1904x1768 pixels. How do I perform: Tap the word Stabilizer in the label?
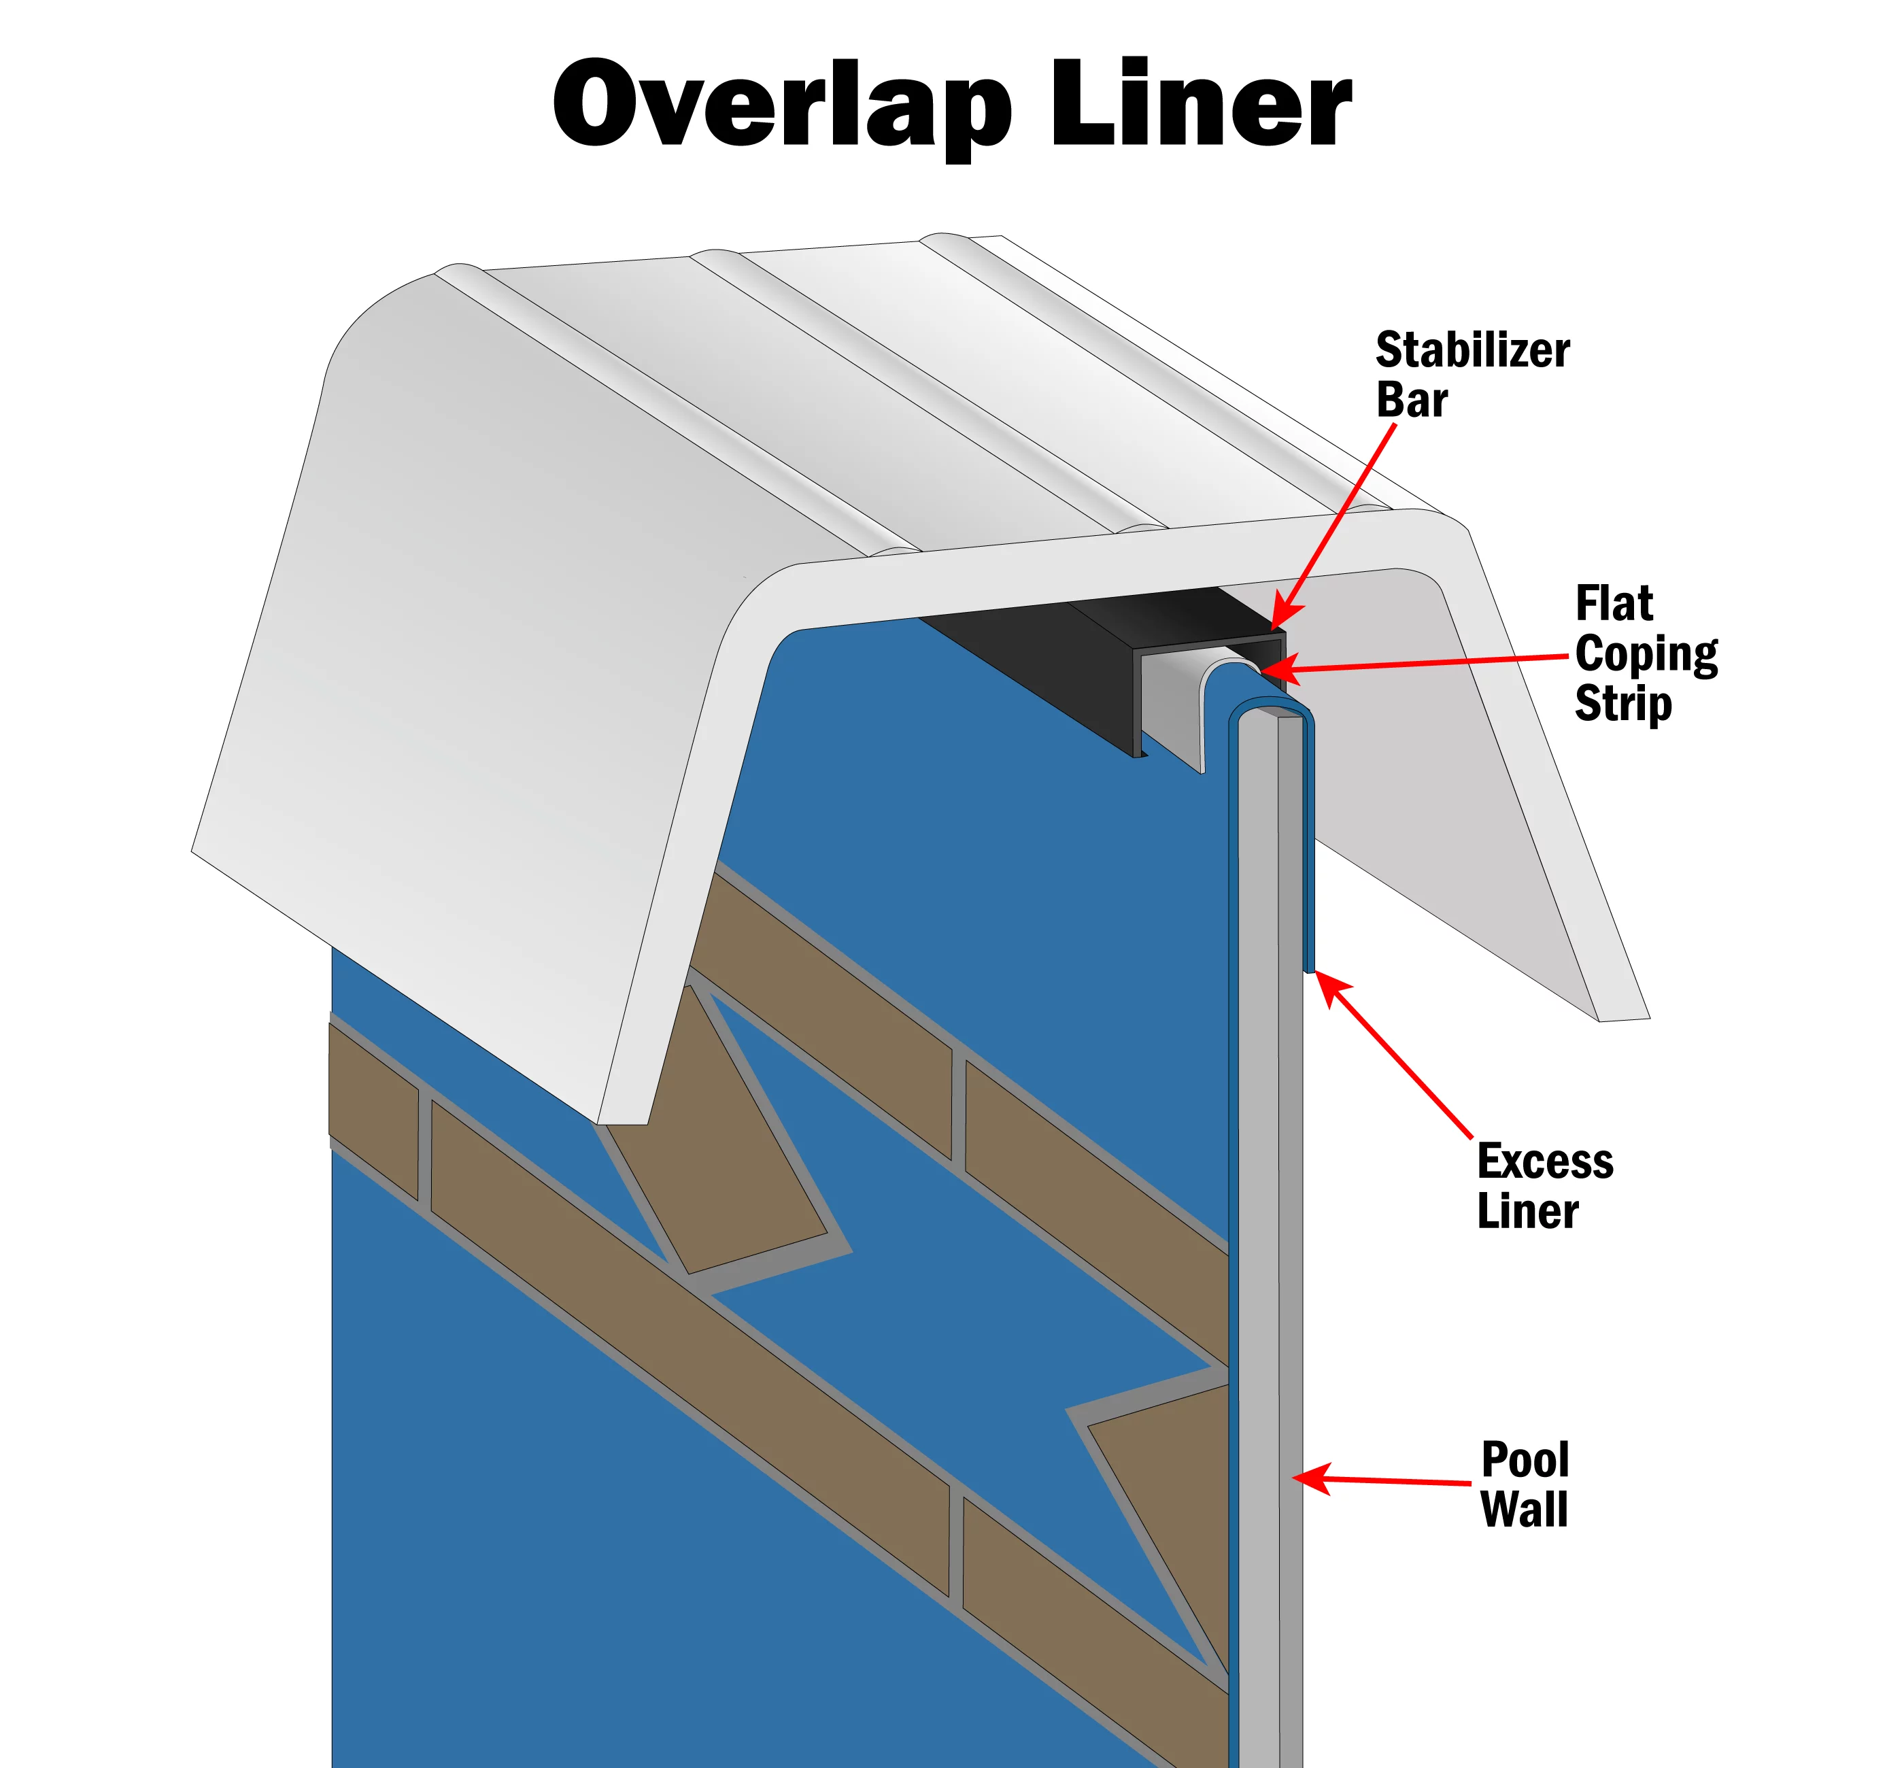tap(1472, 350)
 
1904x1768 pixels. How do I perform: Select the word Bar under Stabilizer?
tap(1411, 400)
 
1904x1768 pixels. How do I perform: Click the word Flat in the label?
tap(1614, 605)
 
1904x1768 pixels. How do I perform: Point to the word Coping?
tap(1646, 656)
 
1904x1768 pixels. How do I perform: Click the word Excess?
tap(1545, 1161)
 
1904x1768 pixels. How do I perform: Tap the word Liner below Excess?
tap(1527, 1211)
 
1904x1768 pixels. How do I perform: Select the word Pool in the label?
tap(1525, 1460)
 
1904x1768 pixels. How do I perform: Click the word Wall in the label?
tap(1524, 1510)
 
